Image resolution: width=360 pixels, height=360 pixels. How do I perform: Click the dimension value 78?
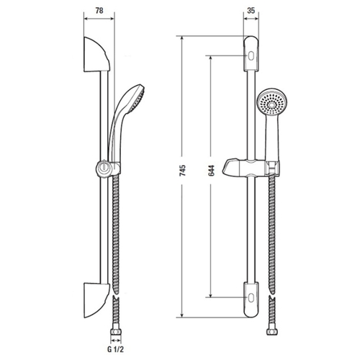click(99, 11)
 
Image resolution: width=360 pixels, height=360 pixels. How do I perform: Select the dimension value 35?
click(251, 11)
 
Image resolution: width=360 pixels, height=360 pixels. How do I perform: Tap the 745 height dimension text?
click(183, 170)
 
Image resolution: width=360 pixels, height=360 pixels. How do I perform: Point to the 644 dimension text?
click(212, 170)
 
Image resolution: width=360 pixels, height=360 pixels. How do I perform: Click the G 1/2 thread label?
click(115, 349)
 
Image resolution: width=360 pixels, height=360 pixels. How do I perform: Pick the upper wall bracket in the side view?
click(96, 55)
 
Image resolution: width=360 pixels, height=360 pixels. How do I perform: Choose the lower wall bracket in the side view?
click(96, 300)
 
